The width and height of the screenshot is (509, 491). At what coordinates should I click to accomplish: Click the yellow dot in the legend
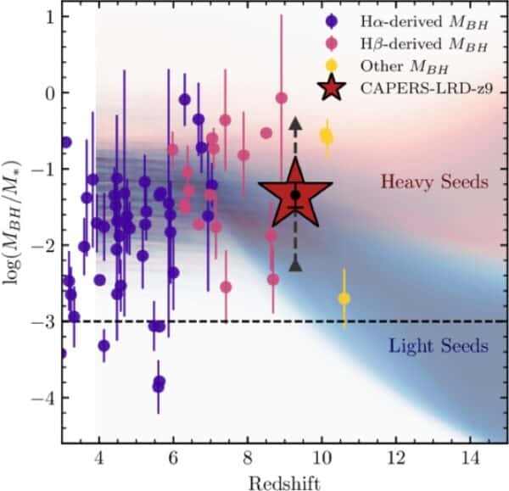pos(330,62)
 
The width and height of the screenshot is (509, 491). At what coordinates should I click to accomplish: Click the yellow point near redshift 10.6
pos(344,298)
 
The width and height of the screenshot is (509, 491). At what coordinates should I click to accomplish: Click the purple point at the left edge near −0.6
pos(66,142)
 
